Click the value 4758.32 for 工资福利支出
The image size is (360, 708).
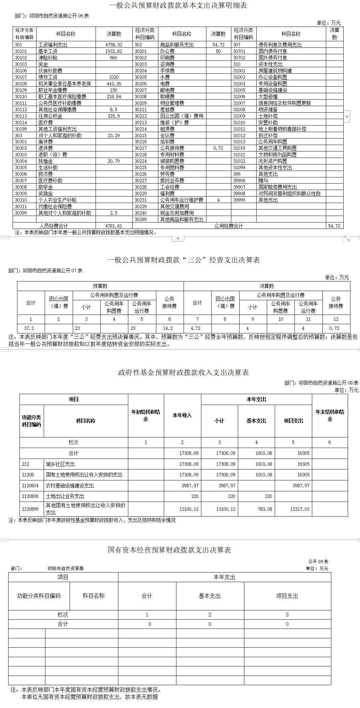(114, 45)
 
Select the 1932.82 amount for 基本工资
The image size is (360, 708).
(114, 51)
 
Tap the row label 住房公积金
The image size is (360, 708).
(50, 116)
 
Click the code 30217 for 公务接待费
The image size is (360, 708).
(141, 148)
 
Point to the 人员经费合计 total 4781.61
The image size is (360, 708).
(114, 226)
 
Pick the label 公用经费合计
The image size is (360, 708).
(229, 226)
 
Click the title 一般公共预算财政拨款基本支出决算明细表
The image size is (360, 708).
(178, 5)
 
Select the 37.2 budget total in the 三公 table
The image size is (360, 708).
(29, 328)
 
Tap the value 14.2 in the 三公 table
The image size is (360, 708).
(168, 328)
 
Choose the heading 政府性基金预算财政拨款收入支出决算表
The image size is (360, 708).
(183, 372)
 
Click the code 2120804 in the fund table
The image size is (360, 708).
(30, 486)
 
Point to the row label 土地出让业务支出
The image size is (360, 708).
(65, 496)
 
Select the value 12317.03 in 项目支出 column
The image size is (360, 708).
(300, 509)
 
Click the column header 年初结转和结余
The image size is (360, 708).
(146, 415)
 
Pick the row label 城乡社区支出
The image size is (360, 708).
(60, 464)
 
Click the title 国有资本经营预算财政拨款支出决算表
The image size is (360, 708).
(169, 550)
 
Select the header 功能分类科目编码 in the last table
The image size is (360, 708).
(39, 596)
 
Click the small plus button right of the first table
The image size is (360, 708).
(347, 116)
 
